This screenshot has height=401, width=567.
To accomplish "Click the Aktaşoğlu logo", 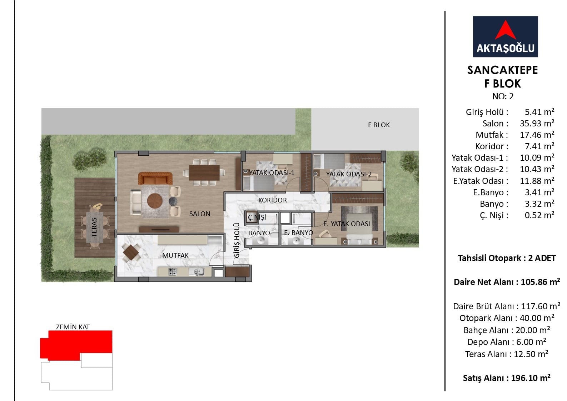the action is pos(505,37).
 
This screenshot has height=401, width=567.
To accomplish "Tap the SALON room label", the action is pos(200,214).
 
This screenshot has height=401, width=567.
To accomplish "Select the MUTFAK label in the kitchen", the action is pos(175,256).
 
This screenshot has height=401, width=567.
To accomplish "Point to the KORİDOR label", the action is pos(273,200).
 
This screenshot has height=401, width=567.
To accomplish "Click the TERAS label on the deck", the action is pos(94,227).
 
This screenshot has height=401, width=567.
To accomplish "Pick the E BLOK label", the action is pos(379,125).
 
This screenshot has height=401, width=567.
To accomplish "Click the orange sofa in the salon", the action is pos(155,179).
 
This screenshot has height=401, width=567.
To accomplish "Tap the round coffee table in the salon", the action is pos(155,201).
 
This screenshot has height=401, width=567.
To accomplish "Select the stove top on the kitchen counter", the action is pos(172,272).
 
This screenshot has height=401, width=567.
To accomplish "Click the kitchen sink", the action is pos(197,272).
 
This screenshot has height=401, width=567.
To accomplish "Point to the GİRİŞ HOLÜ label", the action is pos(237,240).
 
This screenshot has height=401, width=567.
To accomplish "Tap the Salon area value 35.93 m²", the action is pos(537,124).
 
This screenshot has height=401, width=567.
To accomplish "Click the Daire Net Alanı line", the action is pos(507,282).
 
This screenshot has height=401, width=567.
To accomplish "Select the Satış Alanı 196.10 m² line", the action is pos(507,378).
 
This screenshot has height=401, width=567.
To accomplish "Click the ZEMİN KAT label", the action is pos(73,327).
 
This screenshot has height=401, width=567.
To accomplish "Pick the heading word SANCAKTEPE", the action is pos(502,70).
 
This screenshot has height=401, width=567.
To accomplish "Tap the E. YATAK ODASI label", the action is pos(347,224).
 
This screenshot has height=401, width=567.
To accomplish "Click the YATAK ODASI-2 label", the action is pos(349,174).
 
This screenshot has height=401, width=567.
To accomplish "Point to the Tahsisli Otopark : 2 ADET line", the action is pos(507,258).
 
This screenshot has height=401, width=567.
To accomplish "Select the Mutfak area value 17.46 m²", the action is pos(537,135).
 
